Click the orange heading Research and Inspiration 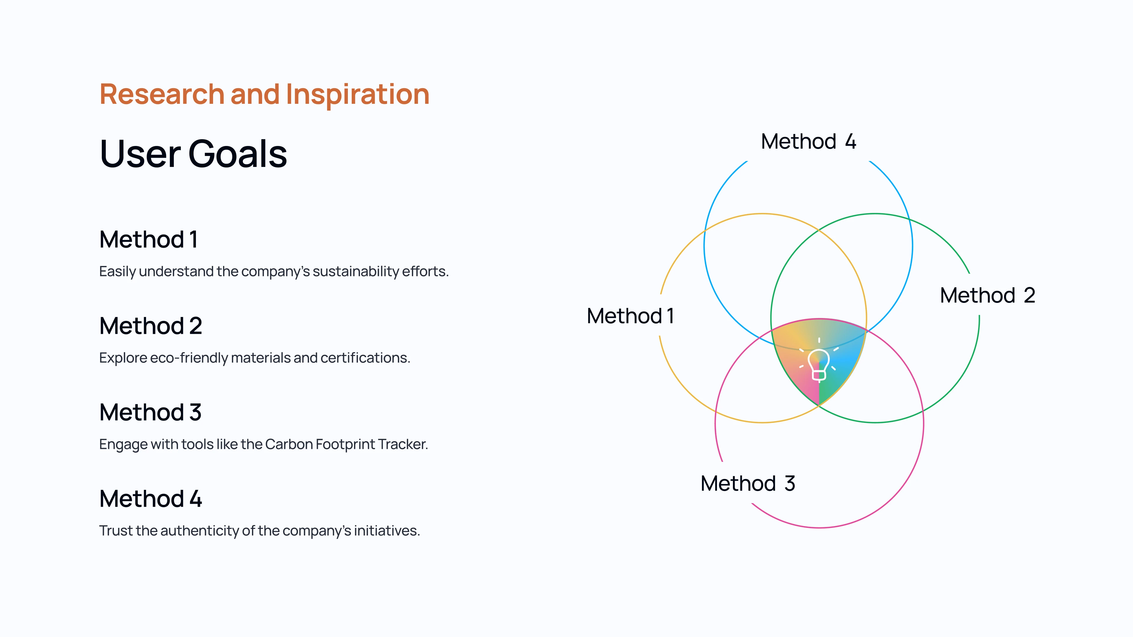point(264,94)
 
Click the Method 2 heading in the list point(150,326)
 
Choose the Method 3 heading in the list point(150,412)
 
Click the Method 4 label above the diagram point(808,142)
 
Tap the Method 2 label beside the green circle point(988,295)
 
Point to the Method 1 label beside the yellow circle point(630,316)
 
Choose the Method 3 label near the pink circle point(748,484)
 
